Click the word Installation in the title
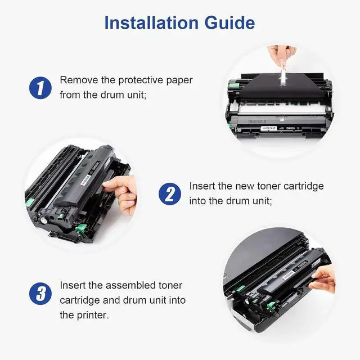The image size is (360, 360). [x=151, y=22]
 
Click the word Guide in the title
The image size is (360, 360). [x=229, y=22]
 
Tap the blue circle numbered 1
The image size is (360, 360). [x=40, y=88]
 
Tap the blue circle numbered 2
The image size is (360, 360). [x=170, y=193]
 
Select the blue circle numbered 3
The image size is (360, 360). [x=40, y=294]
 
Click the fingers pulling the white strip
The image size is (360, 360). [x=282, y=55]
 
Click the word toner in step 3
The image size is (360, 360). [x=170, y=286]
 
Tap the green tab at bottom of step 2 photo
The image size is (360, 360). [x=81, y=228]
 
